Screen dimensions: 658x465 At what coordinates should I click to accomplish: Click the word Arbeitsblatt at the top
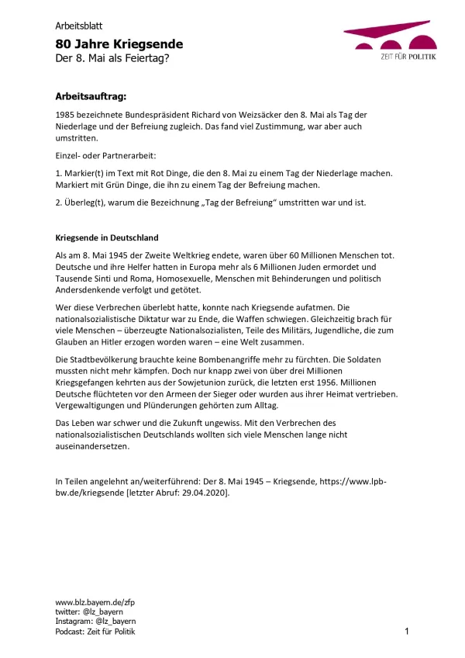[x=80, y=25]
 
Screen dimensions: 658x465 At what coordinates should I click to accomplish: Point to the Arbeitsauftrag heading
[x=91, y=96]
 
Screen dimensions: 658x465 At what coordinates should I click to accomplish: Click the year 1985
[x=67, y=114]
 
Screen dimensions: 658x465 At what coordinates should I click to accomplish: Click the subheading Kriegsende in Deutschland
[x=107, y=237]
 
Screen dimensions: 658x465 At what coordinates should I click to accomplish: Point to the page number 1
[x=407, y=632]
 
